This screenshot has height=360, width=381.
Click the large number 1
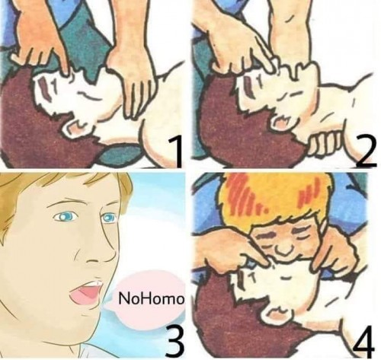tap(176, 151)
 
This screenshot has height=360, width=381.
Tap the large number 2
tap(366, 151)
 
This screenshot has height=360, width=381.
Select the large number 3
tap(174, 341)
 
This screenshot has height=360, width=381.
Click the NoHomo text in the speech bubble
tap(151, 298)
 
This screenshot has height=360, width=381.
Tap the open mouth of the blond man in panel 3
tap(86, 295)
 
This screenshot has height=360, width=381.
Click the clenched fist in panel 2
tap(325, 143)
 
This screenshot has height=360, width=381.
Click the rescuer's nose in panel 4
tap(283, 248)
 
